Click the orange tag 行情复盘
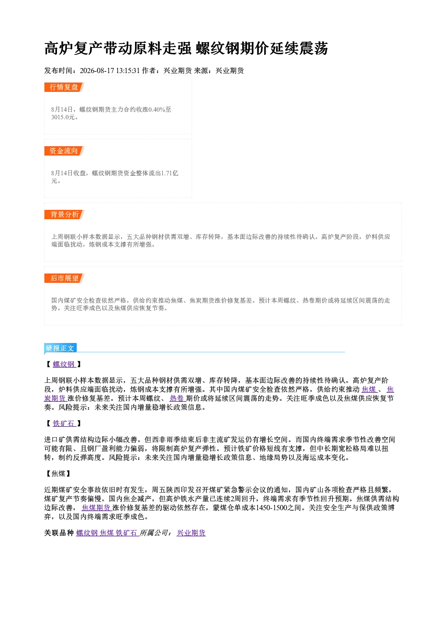64,87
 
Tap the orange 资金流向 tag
64,151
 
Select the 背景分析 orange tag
64,215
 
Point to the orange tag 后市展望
64,278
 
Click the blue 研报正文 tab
60,348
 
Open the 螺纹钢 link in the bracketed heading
64,364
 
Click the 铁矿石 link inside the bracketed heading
64,424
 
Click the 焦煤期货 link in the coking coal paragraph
96,508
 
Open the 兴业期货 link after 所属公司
191,533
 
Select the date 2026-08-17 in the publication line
97,71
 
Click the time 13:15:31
128,71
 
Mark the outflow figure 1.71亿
170,174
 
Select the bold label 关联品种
59,533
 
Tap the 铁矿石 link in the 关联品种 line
127,533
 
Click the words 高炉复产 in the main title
74,48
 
